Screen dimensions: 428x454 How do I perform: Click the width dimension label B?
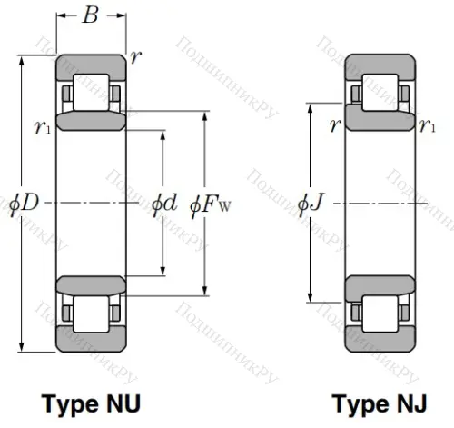point(91,15)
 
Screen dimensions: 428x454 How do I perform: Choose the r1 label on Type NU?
point(42,128)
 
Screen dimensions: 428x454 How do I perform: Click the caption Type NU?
point(91,402)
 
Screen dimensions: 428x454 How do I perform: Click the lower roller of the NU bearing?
point(91,315)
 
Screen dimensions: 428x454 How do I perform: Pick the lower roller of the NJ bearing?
point(380,315)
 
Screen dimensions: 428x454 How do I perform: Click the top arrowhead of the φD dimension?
point(23,59)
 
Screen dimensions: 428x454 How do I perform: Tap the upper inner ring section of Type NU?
point(91,122)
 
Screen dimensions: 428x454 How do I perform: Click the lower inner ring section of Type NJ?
point(380,285)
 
